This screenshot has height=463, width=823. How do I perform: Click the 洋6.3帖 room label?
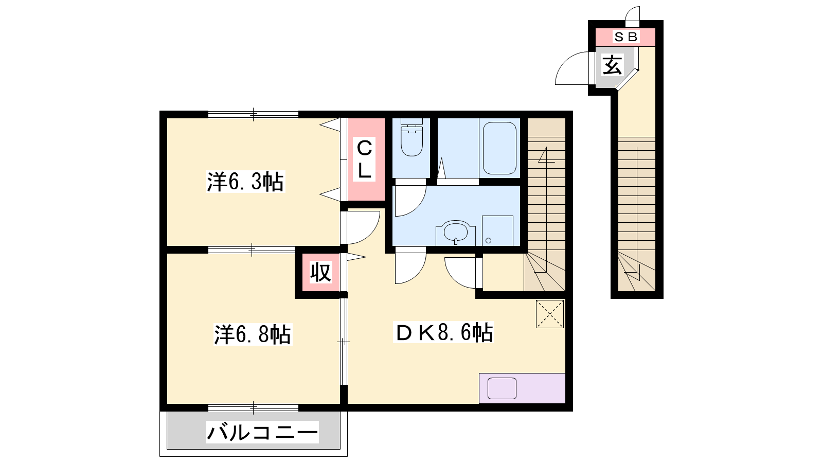click(245, 182)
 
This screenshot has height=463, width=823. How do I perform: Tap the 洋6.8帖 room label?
click(253, 334)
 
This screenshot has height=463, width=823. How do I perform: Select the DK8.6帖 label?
click(443, 332)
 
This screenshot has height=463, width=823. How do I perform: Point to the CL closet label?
click(364, 159)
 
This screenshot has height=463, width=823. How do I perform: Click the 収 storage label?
click(321, 272)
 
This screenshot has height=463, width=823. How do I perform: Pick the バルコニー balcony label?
click(262, 432)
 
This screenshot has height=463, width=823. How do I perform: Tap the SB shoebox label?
click(625, 37)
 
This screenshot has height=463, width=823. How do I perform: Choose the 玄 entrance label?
click(613, 65)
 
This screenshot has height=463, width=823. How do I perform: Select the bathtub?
click(499, 148)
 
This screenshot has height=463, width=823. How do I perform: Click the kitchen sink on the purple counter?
click(502, 388)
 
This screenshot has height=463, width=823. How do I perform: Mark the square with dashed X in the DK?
click(550, 314)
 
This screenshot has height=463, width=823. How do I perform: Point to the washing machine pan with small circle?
click(497, 231)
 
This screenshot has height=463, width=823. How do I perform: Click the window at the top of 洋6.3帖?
click(253, 114)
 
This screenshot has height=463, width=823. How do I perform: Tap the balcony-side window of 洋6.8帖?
click(253, 407)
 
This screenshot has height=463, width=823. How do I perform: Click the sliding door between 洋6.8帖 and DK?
click(344, 342)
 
